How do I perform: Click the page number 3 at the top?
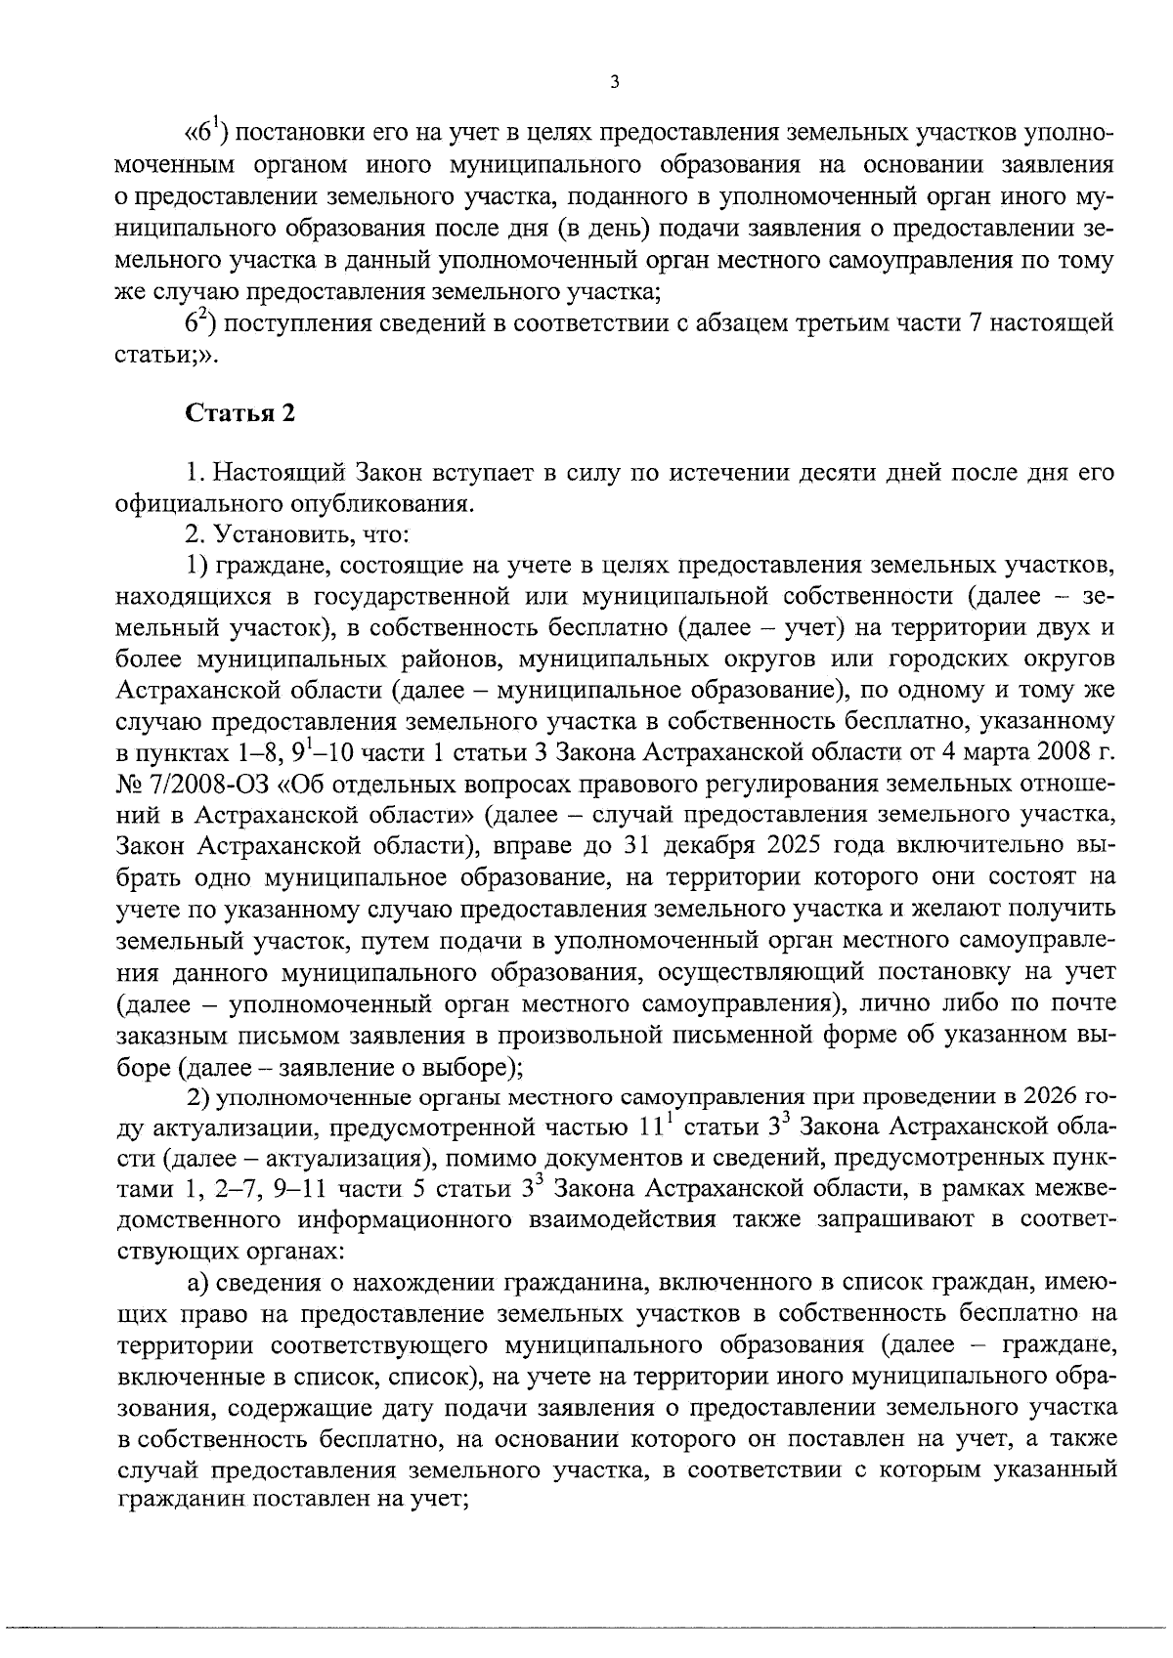613,84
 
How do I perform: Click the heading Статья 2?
239,413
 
